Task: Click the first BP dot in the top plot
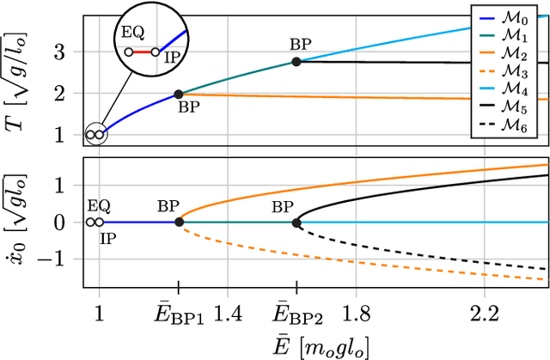coord(179,95)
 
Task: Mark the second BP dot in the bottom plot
coord(296,223)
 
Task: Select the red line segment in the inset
coord(142,52)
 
